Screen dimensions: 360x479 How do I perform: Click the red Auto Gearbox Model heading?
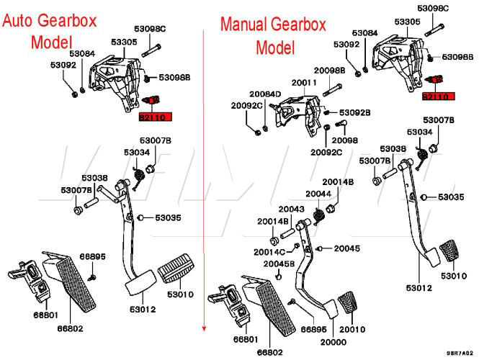48,32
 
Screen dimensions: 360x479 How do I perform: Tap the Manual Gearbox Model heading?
274,36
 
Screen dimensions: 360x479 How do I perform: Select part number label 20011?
305,83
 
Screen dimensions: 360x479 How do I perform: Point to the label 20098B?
329,71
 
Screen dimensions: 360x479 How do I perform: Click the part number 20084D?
265,94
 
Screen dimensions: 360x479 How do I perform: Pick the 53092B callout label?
355,112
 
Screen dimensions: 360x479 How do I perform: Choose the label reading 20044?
318,194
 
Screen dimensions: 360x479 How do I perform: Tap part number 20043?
291,209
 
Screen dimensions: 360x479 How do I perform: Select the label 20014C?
269,252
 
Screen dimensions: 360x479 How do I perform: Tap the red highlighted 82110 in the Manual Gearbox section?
436,96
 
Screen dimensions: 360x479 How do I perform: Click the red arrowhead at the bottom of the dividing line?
205,328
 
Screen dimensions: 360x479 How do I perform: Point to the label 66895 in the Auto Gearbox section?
92,256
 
